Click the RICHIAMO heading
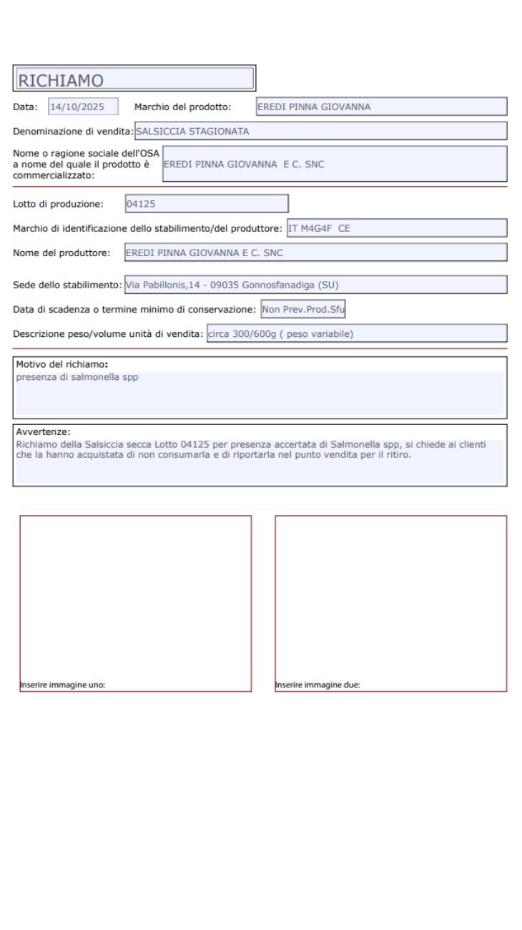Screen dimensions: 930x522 coord(61,80)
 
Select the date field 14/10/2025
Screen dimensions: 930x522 coord(82,107)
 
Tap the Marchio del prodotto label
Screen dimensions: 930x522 coord(182,107)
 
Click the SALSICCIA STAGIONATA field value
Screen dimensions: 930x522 coord(192,132)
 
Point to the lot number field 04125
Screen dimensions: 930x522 coord(207,204)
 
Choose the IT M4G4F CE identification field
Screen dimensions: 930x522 coord(396,228)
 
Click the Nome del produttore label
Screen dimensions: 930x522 coord(61,253)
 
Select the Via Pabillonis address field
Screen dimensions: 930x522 coord(315,285)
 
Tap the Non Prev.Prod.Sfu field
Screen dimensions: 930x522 coord(303,310)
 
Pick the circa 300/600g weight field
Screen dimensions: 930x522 coord(356,333)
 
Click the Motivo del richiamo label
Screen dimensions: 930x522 coord(61,363)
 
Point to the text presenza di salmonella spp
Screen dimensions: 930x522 coord(77,376)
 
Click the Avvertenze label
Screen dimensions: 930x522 coord(43,431)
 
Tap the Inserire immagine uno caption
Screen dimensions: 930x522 coord(63,685)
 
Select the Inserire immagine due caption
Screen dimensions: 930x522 coord(318,685)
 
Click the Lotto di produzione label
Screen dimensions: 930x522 coord(58,204)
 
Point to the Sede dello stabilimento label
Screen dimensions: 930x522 coord(67,285)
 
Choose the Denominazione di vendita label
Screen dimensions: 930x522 coord(73,132)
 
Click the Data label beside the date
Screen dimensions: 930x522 coord(25,107)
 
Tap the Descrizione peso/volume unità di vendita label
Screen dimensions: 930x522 coord(108,333)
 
